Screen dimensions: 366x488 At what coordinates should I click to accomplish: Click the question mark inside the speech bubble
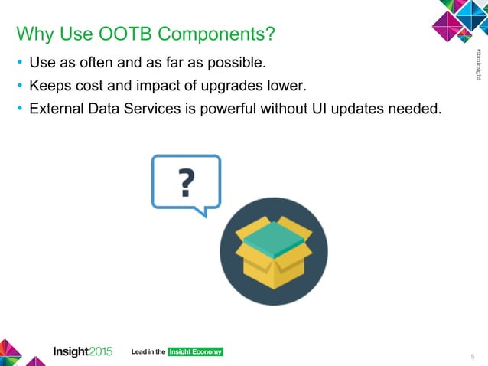click(x=186, y=182)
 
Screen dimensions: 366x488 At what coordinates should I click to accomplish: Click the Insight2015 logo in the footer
click(x=83, y=351)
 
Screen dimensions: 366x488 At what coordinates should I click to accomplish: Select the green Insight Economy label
click(x=195, y=352)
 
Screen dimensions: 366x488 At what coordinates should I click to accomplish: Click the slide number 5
click(x=472, y=355)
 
